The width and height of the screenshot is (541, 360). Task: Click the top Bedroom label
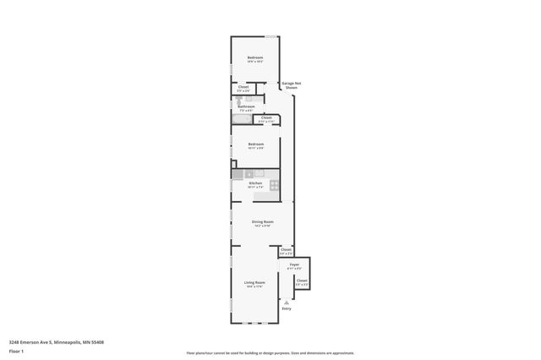coord(255,57)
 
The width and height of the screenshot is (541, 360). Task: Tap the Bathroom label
coord(246,106)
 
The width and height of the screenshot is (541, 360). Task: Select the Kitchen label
coord(255,183)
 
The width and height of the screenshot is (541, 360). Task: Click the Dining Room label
coord(262,221)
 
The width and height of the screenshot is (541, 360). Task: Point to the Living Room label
coord(255,282)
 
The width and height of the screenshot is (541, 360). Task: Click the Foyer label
coord(295,265)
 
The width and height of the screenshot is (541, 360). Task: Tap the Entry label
coord(287,308)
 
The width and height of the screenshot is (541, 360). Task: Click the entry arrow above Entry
coord(287,301)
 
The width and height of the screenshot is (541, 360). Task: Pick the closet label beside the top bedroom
coord(243,86)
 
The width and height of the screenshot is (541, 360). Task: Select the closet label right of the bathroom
coord(266,117)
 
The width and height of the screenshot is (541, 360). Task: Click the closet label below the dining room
coord(286,249)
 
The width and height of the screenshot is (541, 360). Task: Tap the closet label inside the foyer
coord(302,281)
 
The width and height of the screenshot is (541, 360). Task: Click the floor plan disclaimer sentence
coord(270,353)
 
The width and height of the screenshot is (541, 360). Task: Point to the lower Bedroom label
coord(256,144)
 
